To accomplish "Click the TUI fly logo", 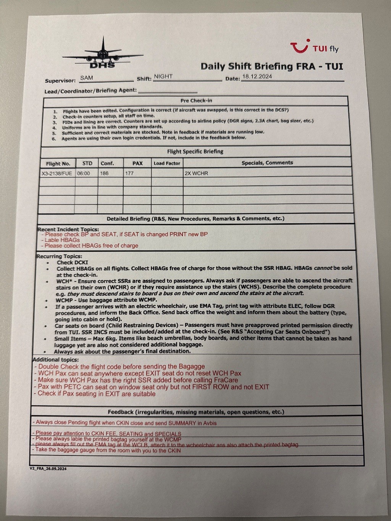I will click(314, 47).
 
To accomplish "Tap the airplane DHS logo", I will click(102, 55).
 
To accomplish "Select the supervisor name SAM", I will click(87, 78).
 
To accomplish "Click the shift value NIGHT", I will click(163, 76).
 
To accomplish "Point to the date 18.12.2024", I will click(257, 76).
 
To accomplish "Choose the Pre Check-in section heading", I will click(196, 101).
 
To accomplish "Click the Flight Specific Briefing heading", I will click(195, 152).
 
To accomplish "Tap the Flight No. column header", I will click(58, 164).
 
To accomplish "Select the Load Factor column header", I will click(167, 163).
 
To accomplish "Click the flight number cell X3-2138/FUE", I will click(57, 173).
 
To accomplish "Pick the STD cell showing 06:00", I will click(84, 173).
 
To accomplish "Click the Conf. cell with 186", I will click(104, 173).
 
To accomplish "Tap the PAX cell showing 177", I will click(129, 173).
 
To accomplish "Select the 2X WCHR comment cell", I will click(196, 173).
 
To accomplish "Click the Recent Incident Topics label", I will click(68, 229).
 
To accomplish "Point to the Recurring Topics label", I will click(59, 256).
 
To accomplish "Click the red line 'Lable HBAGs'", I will click(62, 240).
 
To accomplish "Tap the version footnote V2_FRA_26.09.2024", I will click(48, 469).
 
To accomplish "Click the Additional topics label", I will click(56, 360).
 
